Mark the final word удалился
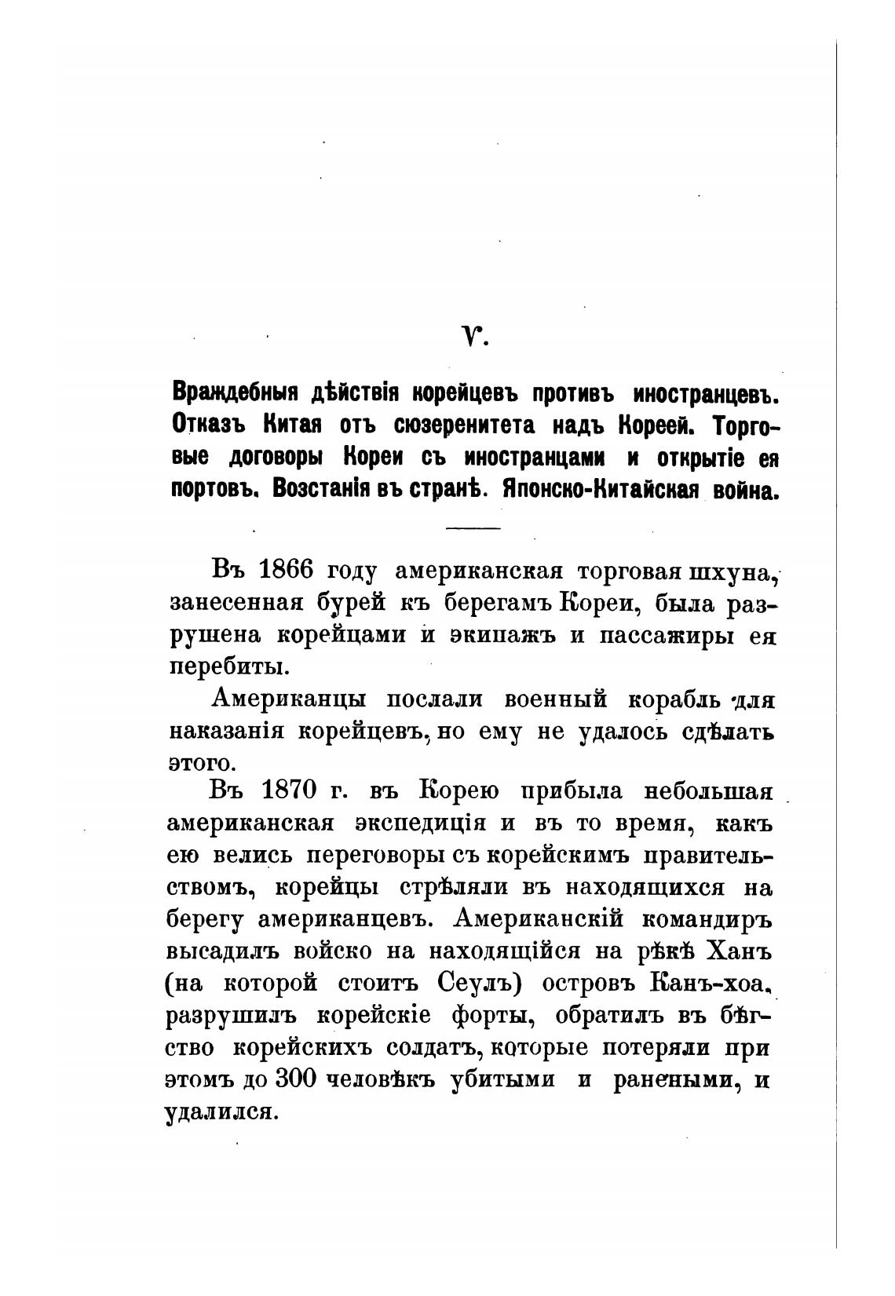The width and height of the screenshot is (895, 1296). click(222, 1112)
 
